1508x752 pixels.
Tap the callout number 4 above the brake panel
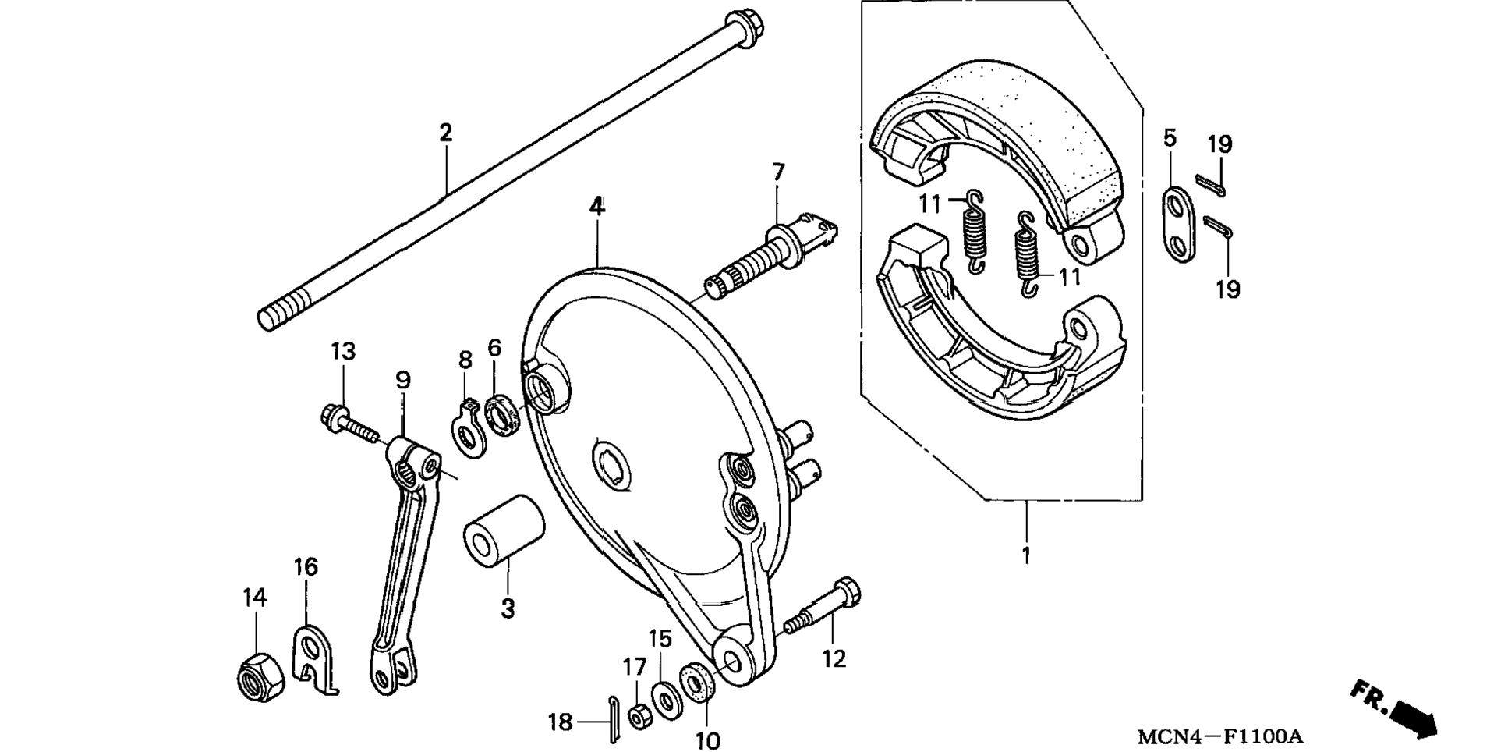point(596,207)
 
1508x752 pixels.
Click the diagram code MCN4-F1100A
point(1219,736)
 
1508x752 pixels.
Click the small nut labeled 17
point(640,716)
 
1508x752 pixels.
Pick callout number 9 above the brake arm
point(402,380)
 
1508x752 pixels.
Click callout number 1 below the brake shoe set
point(1026,556)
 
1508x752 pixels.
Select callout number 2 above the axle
point(445,133)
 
